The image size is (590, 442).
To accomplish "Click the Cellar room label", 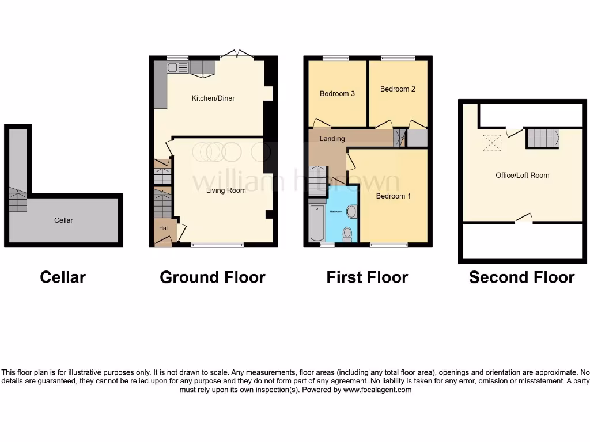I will tap(63, 220).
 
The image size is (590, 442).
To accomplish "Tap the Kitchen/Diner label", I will tap(213, 98).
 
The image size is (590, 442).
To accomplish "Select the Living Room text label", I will tap(226, 190).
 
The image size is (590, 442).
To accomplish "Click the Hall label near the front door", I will tap(164, 228).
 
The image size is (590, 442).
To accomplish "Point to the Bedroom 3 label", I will tap(337, 94).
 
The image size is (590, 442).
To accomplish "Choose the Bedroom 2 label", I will tap(398, 89).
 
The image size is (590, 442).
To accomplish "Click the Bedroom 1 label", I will tap(394, 196).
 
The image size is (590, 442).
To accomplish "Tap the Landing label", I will tap(332, 139).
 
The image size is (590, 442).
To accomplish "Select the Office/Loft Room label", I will tap(522, 176).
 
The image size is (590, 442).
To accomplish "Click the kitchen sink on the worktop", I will tap(179, 68).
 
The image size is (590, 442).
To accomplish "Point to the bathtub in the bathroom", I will tap(317, 222).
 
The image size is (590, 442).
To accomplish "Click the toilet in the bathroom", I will tap(347, 233).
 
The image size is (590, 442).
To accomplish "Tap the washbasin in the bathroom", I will tap(351, 212).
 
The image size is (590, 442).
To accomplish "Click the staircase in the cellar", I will tap(18, 200).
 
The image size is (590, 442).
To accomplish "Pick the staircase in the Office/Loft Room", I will tap(543, 138).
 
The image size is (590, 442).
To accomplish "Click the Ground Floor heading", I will tap(212, 277).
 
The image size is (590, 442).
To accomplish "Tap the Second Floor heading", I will tap(521, 277).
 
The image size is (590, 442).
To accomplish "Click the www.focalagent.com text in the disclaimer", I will tap(377, 390).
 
